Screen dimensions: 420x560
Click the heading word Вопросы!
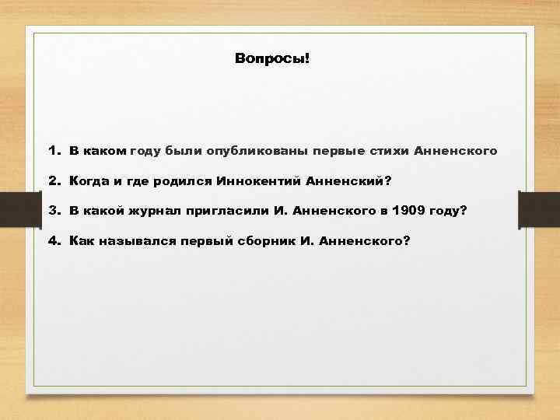(x=271, y=59)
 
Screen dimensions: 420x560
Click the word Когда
(x=89, y=180)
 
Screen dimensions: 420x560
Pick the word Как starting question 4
(x=80, y=241)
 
